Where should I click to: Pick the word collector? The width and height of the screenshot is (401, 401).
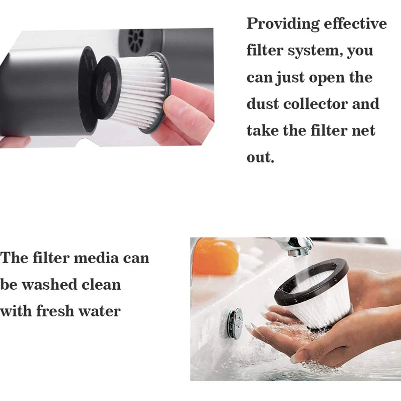click(314, 104)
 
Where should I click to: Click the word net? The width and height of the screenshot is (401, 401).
click(362, 131)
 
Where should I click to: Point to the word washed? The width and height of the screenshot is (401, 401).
click(50, 285)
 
